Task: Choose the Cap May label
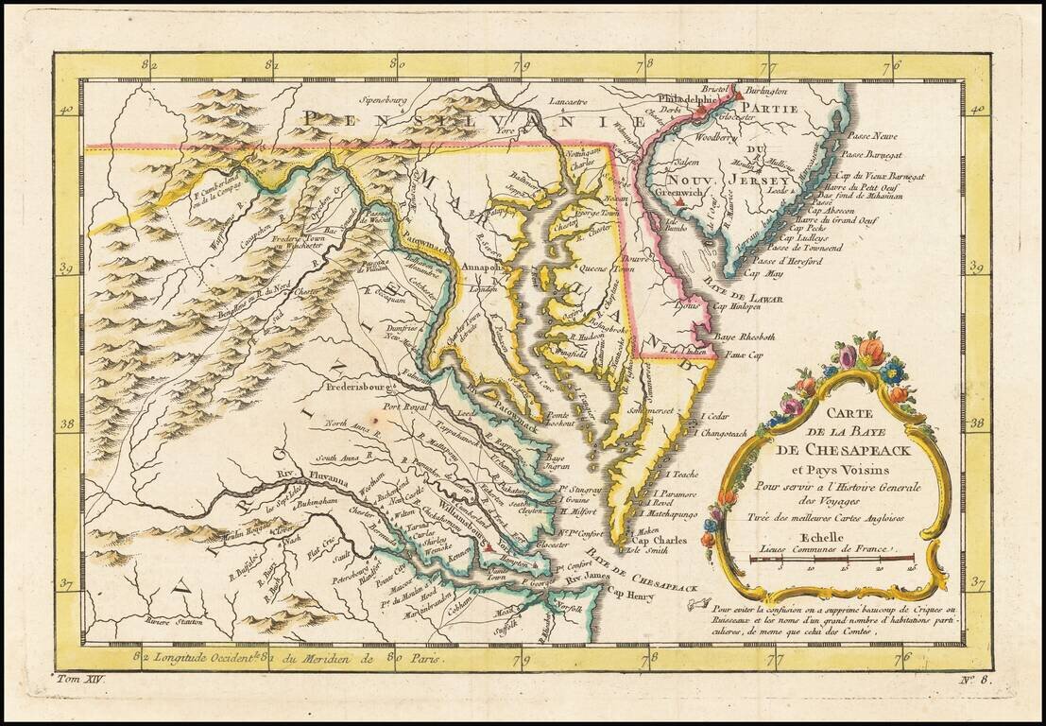[763, 273]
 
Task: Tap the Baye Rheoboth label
[745, 337]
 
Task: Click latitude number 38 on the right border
[979, 424]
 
